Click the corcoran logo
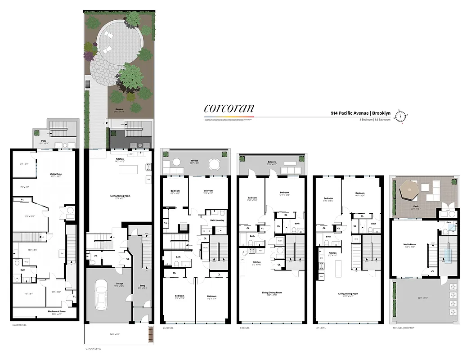pos(229,108)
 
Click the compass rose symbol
pos(400,116)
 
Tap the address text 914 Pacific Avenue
pos(349,113)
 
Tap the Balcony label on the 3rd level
pos(271,162)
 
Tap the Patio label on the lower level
pos(44,141)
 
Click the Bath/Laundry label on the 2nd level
pos(217,220)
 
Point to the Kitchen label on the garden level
pos(120,159)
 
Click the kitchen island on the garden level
pos(127,170)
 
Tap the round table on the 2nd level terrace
pos(176,162)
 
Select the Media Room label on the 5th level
pos(410,245)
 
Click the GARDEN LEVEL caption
pos(94,349)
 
